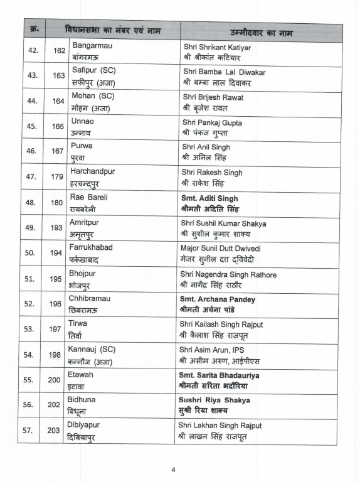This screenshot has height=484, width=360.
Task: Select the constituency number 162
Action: coord(59,51)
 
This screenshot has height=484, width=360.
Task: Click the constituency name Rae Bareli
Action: coord(88,197)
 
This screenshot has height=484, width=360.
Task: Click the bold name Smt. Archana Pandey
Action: coord(217,299)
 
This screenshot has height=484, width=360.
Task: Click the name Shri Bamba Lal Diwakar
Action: coord(224,72)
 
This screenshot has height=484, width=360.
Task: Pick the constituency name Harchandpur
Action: coord(92,171)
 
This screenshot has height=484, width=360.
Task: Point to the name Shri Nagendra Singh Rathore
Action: coord(229,274)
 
